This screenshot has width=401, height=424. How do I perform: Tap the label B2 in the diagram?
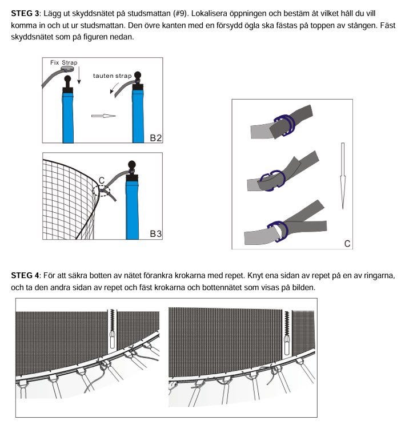tap(156, 137)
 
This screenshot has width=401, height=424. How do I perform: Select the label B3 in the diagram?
tap(156, 233)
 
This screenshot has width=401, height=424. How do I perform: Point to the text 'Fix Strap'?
tap(63, 62)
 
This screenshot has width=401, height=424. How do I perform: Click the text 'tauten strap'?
tap(112, 76)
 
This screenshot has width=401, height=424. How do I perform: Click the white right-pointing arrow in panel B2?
tap(103, 116)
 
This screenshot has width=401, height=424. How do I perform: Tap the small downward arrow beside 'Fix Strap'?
tap(79, 75)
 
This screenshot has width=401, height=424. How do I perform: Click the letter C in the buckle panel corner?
tap(347, 244)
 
